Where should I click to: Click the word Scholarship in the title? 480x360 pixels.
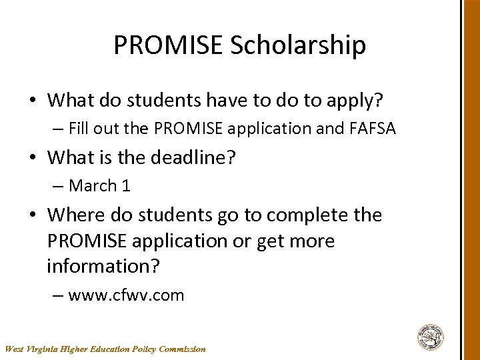tap(298, 45)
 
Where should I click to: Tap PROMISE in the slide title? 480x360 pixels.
tap(168, 45)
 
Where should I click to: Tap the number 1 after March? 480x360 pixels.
tap(126, 186)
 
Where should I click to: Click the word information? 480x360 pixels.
tap(103, 266)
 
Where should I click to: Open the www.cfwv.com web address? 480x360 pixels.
tap(126, 295)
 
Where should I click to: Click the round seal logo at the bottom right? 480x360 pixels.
tap(431, 337)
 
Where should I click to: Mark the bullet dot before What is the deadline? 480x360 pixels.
tap(33, 159)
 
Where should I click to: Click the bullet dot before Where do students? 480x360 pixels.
tap(33, 216)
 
